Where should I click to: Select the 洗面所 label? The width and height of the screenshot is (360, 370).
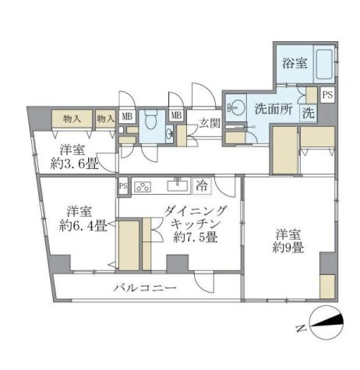[274, 109]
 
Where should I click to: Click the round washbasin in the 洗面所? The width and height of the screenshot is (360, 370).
[238, 107]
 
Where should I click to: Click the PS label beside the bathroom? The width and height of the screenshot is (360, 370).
[328, 95]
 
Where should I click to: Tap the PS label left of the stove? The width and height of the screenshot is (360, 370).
[123, 187]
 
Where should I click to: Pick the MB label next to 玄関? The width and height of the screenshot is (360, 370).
[177, 117]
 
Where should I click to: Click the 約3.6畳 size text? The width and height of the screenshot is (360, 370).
[75, 165]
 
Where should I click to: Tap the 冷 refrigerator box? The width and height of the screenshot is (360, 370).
[202, 186]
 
